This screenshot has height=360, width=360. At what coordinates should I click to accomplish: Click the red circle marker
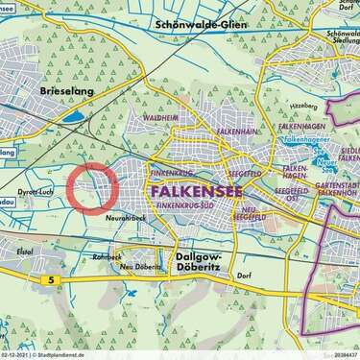pos(93,186)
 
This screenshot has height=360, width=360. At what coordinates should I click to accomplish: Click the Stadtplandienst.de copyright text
pos(68,354)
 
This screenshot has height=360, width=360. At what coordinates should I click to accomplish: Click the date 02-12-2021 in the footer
pos(17,354)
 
